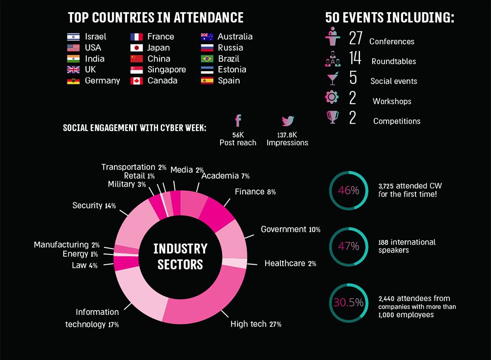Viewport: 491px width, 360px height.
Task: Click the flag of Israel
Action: pos(73,37)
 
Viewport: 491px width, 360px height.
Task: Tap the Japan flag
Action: pos(136,48)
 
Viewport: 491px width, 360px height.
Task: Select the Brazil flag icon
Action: pos(207,59)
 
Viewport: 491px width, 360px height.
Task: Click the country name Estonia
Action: pos(232,70)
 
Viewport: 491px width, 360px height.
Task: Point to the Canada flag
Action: pos(136,81)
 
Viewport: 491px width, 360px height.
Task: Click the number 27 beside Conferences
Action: pos(355,38)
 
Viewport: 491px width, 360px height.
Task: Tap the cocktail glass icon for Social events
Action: pos(332,79)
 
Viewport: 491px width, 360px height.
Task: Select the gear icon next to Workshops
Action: pos(332,97)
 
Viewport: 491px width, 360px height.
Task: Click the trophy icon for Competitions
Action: pos(332,118)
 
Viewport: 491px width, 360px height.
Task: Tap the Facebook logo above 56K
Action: pos(238,121)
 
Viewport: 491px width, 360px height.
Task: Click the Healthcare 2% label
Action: pos(290,264)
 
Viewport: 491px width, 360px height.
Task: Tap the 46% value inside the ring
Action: pos(349,191)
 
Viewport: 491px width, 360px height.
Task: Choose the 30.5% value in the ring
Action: pos(349,303)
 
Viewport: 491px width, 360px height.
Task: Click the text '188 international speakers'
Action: pos(407,246)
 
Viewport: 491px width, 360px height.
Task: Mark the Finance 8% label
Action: pos(255,192)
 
